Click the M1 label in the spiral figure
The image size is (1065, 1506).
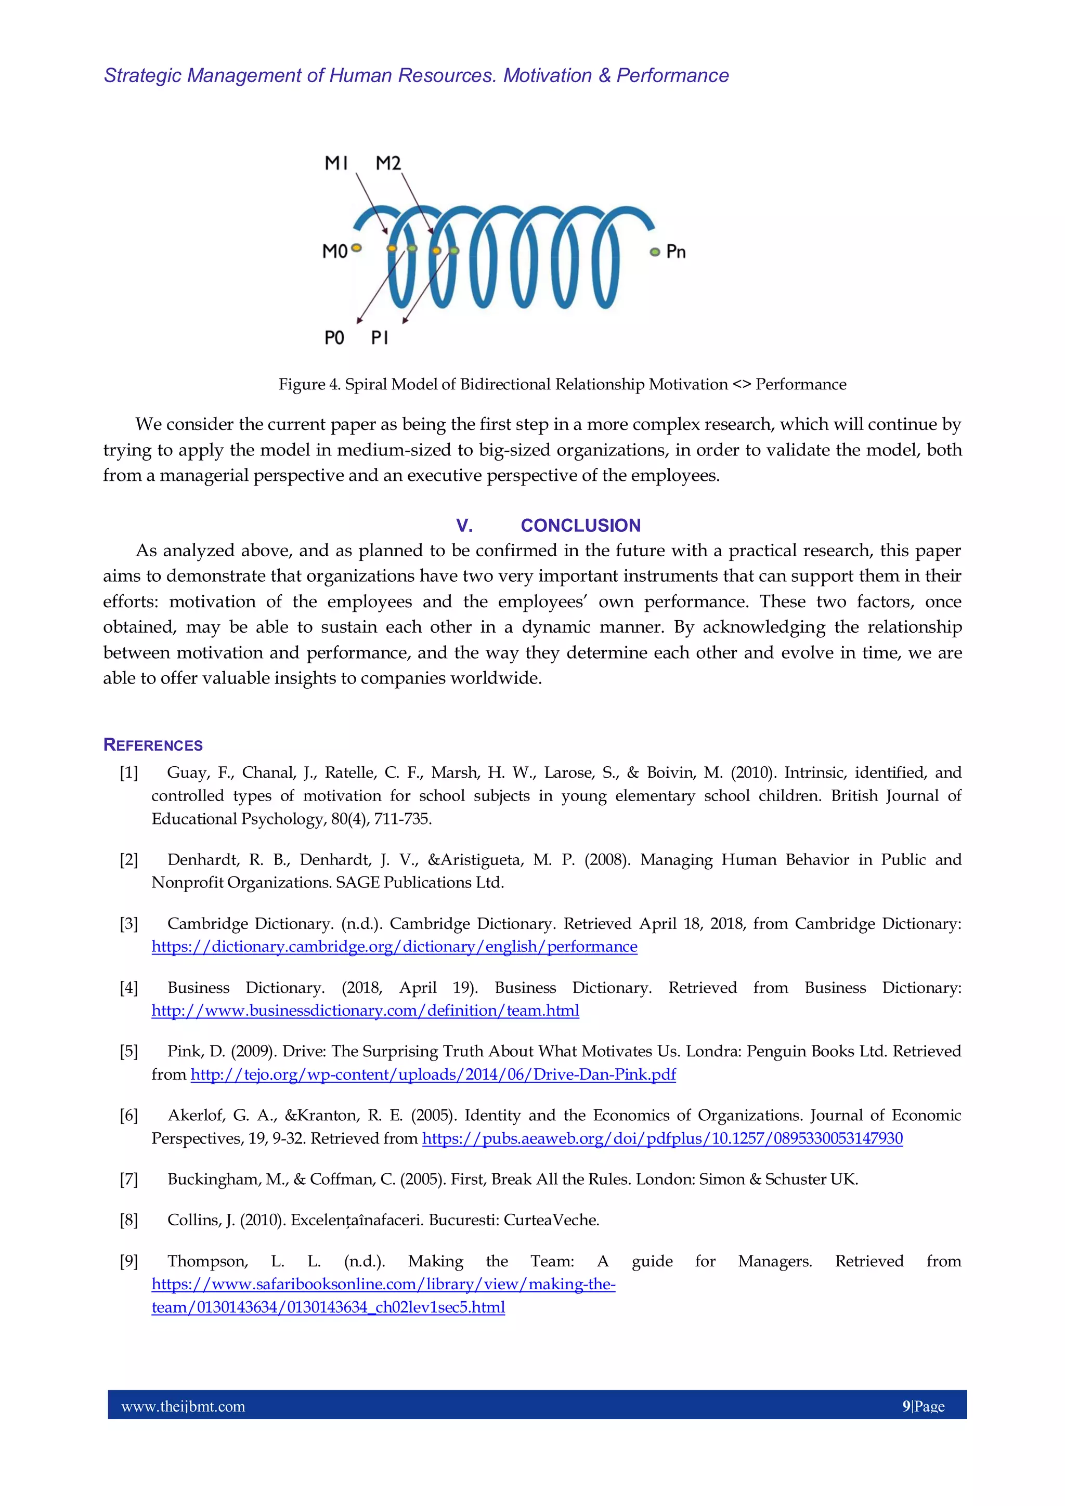pyautogui.click(x=336, y=163)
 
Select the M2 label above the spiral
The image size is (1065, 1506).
pyautogui.click(x=388, y=163)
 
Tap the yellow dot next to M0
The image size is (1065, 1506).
pyautogui.click(x=356, y=248)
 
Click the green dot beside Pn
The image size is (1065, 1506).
pyautogui.click(x=654, y=252)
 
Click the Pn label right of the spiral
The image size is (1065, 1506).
pyautogui.click(x=676, y=252)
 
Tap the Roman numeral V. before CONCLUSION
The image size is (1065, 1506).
pyautogui.click(x=464, y=526)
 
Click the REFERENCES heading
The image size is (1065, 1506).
pyautogui.click(x=153, y=745)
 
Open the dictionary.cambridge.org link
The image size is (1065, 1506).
pyautogui.click(x=394, y=947)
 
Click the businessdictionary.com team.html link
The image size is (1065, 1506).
pyautogui.click(x=365, y=1010)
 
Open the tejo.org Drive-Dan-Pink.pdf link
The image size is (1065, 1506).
pyautogui.click(x=433, y=1075)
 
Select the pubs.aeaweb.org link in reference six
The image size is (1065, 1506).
pyautogui.click(x=662, y=1138)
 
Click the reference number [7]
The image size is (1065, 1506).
pyautogui.click(x=128, y=1180)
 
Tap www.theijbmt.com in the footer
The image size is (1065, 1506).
pyautogui.click(x=183, y=1406)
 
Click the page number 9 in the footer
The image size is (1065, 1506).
pyautogui.click(x=906, y=1406)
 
